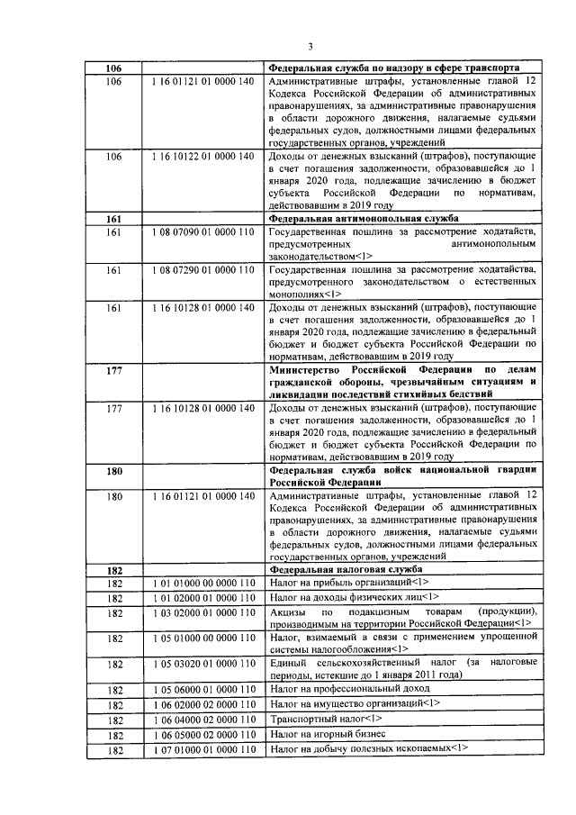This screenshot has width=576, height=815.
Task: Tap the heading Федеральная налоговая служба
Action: [346, 570]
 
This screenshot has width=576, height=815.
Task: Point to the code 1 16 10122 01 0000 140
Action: [203, 157]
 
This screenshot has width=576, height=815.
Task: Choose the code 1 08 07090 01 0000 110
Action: [203, 233]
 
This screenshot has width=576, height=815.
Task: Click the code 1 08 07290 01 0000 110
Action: [203, 270]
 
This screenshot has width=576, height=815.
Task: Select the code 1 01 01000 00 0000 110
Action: [203, 584]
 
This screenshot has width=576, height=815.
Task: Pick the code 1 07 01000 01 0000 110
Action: [203, 749]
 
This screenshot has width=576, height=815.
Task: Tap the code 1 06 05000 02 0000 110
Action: [203, 735]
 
